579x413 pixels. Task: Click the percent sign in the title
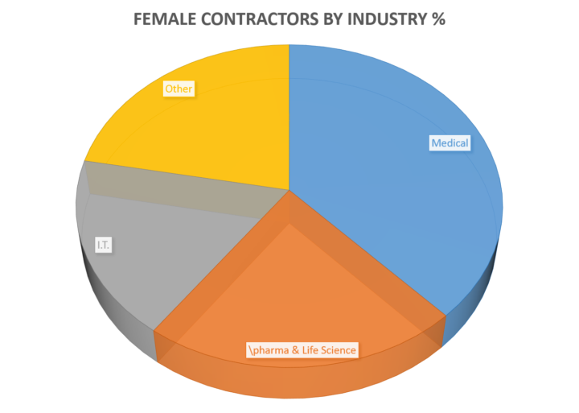[438, 19]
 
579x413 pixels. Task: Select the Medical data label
[450, 143]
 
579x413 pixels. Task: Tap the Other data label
[179, 89]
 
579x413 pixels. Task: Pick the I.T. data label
[104, 245]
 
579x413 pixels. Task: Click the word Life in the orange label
[310, 350]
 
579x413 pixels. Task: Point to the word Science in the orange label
[339, 350]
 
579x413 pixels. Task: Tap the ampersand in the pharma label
[295, 350]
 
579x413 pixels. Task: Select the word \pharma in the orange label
[269, 350]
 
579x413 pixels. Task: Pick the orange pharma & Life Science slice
[295, 295]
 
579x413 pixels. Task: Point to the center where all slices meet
[289, 190]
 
